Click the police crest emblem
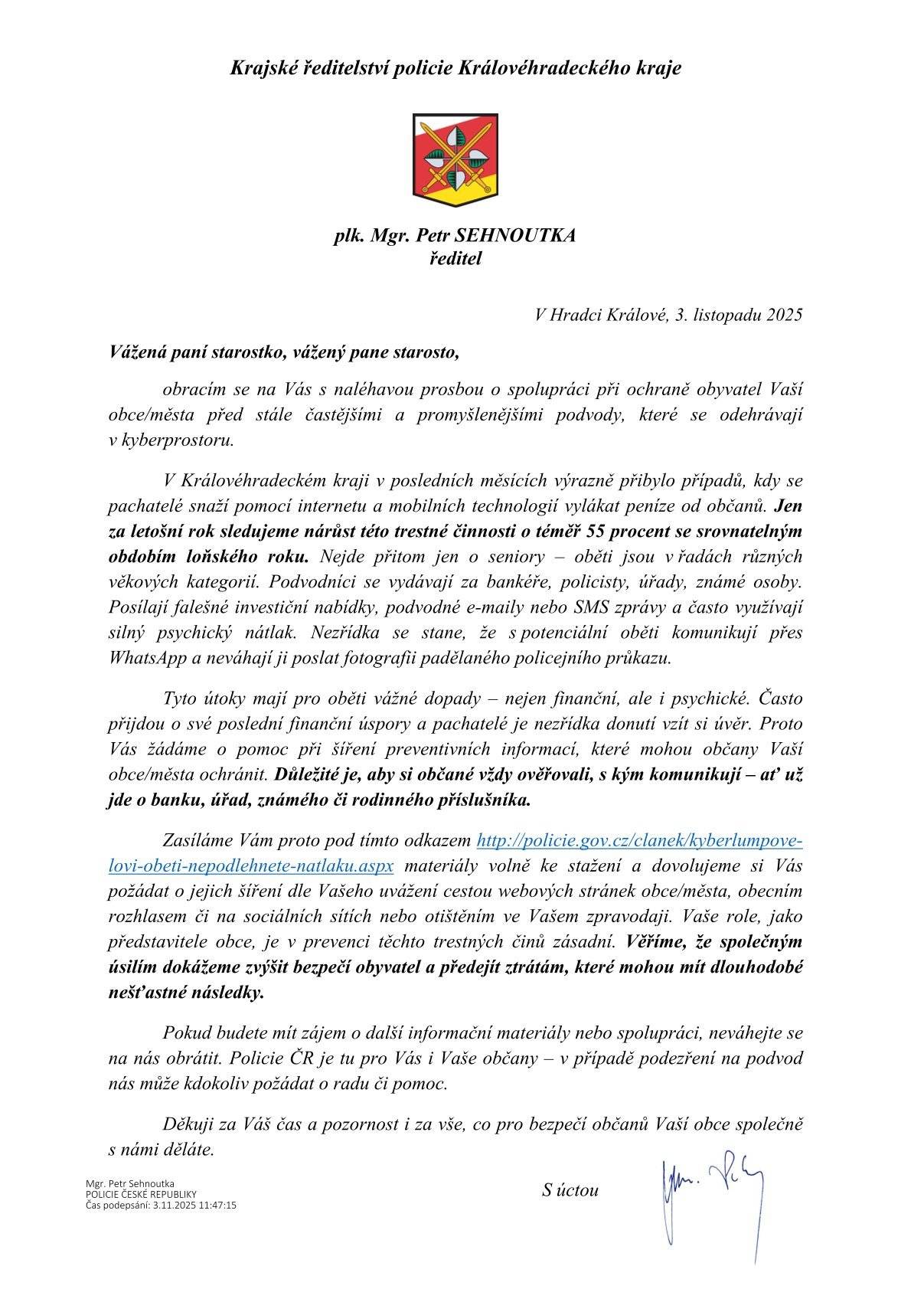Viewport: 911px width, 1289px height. click(x=455, y=159)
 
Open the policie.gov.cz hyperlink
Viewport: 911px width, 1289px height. click(x=639, y=841)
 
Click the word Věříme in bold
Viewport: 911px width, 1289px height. click(x=653, y=941)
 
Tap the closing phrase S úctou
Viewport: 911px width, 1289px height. click(x=570, y=1190)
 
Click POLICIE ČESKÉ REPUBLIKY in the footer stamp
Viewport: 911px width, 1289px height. click(x=142, y=1194)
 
